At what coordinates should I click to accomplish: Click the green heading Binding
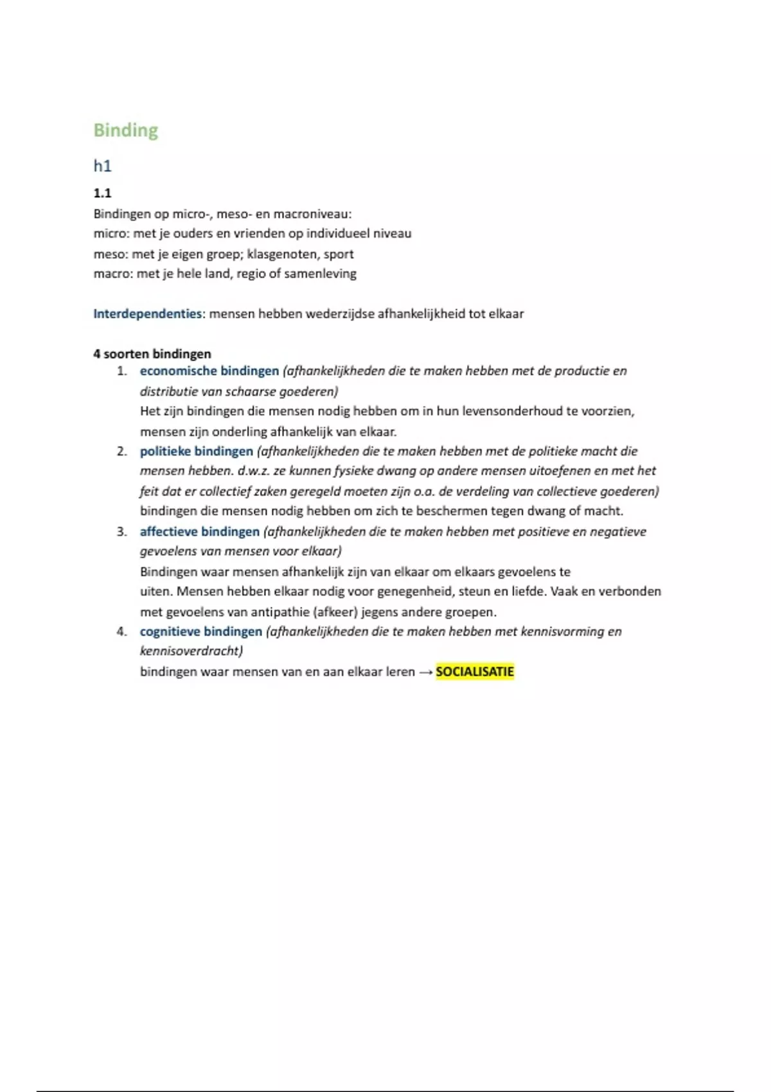point(126,130)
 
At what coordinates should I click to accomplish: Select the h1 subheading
point(103,166)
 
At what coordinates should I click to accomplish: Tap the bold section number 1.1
point(103,193)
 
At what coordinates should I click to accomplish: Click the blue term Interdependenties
point(148,314)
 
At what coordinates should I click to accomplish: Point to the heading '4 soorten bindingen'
point(152,354)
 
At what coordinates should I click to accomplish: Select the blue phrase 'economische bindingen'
point(209,371)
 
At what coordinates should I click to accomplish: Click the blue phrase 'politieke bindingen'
point(197,452)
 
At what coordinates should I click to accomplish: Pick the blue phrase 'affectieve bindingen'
point(200,532)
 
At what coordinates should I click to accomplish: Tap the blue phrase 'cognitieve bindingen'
point(201,632)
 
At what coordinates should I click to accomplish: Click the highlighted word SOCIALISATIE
point(475,672)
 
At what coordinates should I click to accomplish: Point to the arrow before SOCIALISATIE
point(425,673)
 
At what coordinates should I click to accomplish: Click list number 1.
point(122,371)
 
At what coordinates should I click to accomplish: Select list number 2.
point(122,452)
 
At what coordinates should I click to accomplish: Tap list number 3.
point(122,532)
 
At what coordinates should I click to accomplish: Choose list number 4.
point(122,632)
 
